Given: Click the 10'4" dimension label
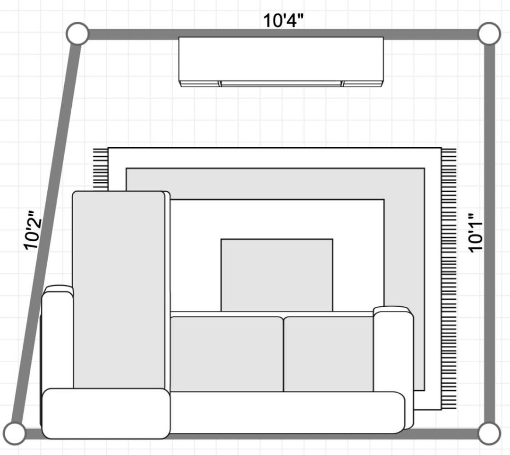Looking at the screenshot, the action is [x=283, y=20].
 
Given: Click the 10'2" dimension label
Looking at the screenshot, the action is [x=33, y=230].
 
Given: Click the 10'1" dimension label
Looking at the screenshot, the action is [x=476, y=232].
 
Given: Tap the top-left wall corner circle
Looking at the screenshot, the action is [x=77, y=34].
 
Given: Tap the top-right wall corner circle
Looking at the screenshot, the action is [x=490, y=34].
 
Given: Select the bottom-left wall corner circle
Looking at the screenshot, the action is [x=14, y=433].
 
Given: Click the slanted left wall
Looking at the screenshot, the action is [x=46, y=233].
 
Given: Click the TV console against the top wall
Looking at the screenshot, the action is [x=281, y=62].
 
